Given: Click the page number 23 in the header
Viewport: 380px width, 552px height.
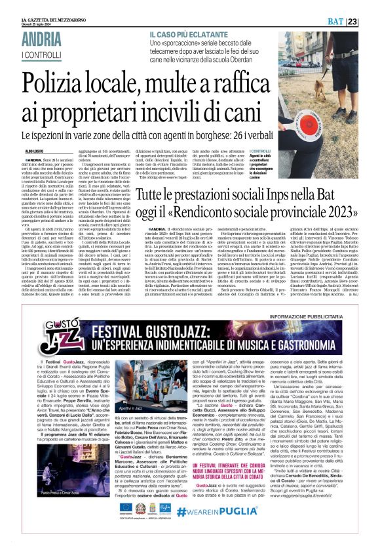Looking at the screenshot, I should (x=370, y=5).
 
